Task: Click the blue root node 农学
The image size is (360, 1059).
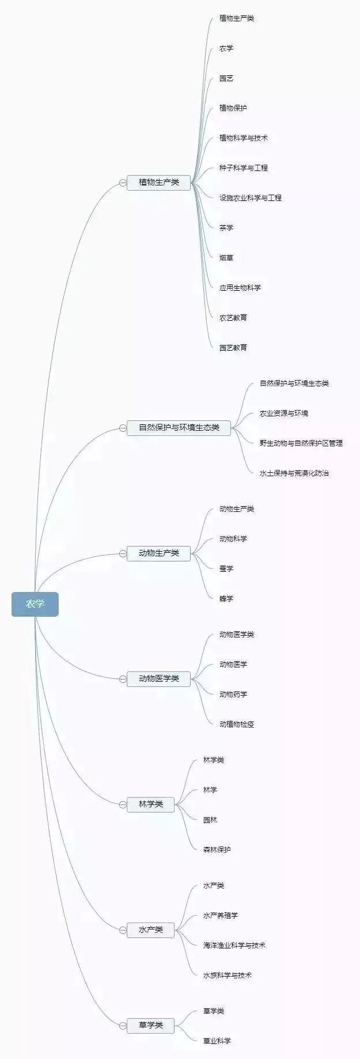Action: (x=35, y=604)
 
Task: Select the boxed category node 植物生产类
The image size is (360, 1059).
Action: (x=158, y=183)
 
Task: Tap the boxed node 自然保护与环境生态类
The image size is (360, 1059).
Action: (x=179, y=428)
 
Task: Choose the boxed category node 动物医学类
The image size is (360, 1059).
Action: (x=158, y=679)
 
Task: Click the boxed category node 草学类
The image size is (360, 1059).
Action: (x=150, y=1025)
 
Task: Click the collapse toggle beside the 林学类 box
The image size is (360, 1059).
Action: (x=123, y=804)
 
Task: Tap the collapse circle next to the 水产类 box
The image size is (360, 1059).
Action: (x=123, y=930)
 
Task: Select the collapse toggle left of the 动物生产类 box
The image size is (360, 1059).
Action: (x=123, y=553)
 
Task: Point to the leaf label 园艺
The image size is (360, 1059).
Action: (x=226, y=78)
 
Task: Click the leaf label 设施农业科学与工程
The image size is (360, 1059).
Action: (x=251, y=198)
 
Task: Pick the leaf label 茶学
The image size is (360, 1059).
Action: (x=226, y=228)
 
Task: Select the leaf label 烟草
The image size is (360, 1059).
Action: (x=226, y=258)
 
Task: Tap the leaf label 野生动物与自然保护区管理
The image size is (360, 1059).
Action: (x=301, y=443)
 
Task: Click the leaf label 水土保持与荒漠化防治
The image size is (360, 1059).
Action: (x=294, y=473)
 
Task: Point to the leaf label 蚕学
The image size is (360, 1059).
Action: (x=226, y=569)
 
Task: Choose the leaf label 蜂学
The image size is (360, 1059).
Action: (x=226, y=599)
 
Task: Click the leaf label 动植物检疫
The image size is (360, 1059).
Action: (x=237, y=724)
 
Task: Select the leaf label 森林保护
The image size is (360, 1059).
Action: (x=217, y=850)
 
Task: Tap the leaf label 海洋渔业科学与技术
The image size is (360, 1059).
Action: (x=234, y=946)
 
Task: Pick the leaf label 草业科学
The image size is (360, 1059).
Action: (x=217, y=1041)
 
